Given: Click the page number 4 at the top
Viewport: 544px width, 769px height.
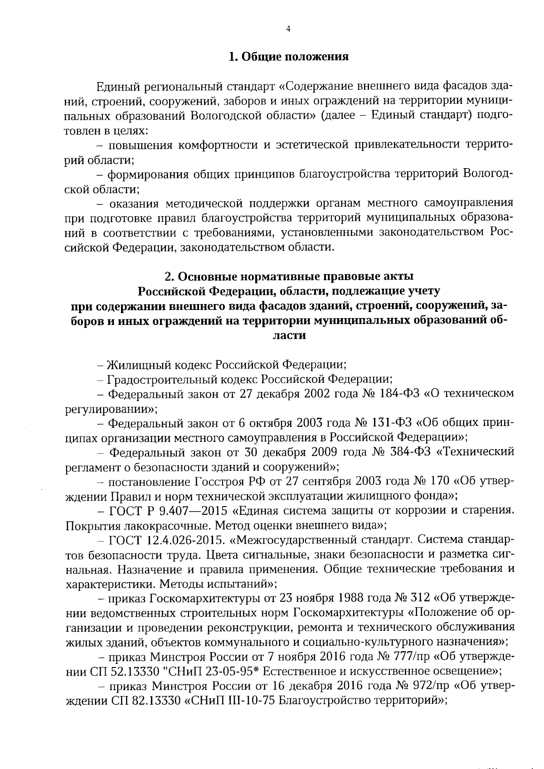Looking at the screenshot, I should (288, 29).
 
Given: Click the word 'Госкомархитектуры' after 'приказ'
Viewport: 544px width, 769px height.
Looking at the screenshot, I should (205, 599).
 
